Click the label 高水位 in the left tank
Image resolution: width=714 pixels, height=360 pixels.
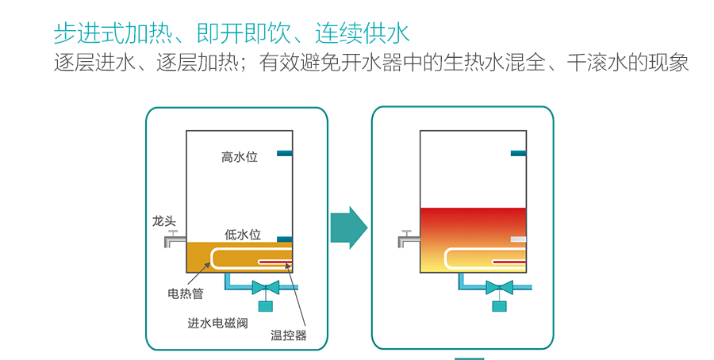pyautogui.click(x=239, y=157)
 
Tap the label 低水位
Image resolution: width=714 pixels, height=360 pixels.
pyautogui.click(x=242, y=234)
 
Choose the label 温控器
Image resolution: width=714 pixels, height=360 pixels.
pyautogui.click(x=288, y=335)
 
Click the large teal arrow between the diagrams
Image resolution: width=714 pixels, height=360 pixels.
pyautogui.click(x=348, y=228)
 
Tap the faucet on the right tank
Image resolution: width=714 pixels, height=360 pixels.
pyautogui.click(x=408, y=237)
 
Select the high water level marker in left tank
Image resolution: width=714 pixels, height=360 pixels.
pyautogui.click(x=285, y=153)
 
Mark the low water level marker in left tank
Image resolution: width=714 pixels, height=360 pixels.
pyautogui.click(x=285, y=239)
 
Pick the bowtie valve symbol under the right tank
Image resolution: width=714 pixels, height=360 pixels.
pyautogui.click(x=499, y=287)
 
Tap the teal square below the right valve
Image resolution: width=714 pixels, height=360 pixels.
pyautogui.click(x=499, y=305)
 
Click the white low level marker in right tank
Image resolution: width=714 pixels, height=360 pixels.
pyautogui.click(x=518, y=239)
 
